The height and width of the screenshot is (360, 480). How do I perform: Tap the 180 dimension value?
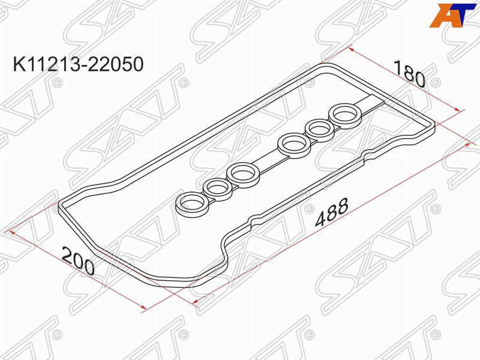pos(410,74)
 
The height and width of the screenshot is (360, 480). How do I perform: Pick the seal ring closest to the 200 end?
pos(191,203)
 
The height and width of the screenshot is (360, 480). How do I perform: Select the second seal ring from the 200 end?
pos(217,188)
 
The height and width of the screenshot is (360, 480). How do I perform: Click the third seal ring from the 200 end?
pos(244,173)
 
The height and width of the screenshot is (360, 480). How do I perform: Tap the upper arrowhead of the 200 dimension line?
pos(8,231)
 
